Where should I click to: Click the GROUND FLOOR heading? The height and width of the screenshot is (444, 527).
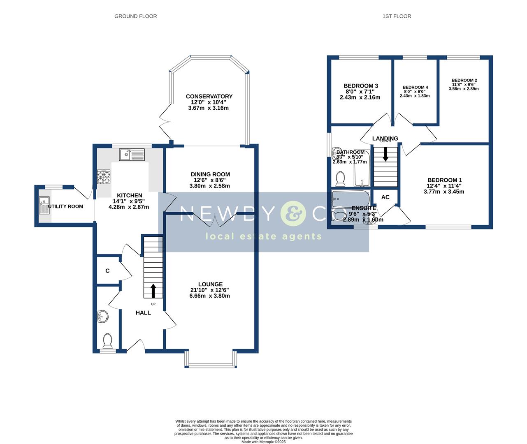[135, 16]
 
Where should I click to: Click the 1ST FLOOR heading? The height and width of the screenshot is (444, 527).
[397, 16]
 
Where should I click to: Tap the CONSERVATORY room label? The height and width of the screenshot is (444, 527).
[209, 97]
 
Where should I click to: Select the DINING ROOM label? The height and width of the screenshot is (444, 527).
[210, 174]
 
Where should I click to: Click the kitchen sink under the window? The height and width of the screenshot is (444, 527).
[132, 155]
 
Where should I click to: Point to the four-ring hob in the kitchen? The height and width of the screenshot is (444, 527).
[103, 177]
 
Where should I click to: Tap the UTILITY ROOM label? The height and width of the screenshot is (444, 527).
[66, 206]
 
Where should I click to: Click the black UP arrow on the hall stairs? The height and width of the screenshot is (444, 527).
[153, 291]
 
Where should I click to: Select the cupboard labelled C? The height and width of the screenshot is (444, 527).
[107, 271]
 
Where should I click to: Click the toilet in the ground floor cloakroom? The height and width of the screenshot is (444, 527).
[108, 340]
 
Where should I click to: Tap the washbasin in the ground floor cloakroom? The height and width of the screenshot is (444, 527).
[103, 316]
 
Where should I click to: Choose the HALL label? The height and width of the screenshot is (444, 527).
[143, 313]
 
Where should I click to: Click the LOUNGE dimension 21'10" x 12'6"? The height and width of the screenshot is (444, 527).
[210, 290]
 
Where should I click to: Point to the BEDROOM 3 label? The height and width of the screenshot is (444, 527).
[361, 86]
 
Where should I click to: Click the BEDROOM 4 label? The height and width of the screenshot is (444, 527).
[415, 88]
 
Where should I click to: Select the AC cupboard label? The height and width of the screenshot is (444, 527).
[385, 197]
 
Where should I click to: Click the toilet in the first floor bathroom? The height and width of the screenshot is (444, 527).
[340, 179]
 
